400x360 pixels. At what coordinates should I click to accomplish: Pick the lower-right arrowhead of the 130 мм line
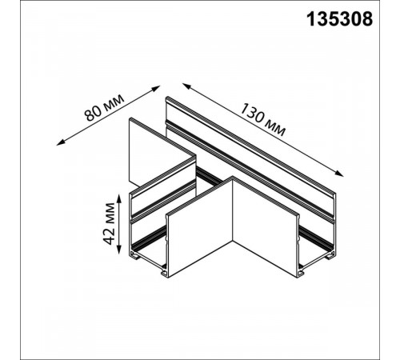(346, 177)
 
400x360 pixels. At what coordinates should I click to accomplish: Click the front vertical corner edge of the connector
(234, 232)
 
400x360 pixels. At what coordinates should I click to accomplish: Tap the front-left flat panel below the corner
(200, 240)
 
